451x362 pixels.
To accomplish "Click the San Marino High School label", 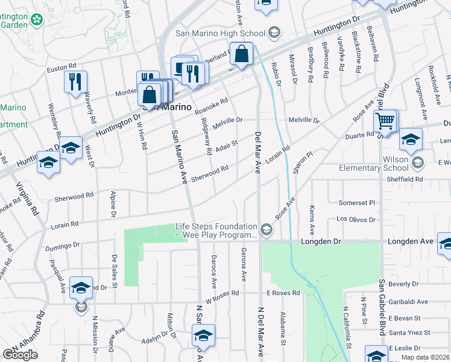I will (x=220, y=33).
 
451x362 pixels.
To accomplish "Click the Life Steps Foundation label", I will (x=215, y=230).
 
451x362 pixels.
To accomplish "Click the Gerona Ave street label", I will (x=244, y=264).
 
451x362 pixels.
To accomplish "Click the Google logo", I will (x=20, y=355).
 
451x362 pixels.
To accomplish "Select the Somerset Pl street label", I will (x=356, y=203).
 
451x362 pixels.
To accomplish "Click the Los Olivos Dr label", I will (x=355, y=220).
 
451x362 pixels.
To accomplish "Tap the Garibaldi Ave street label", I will (x=408, y=302).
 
